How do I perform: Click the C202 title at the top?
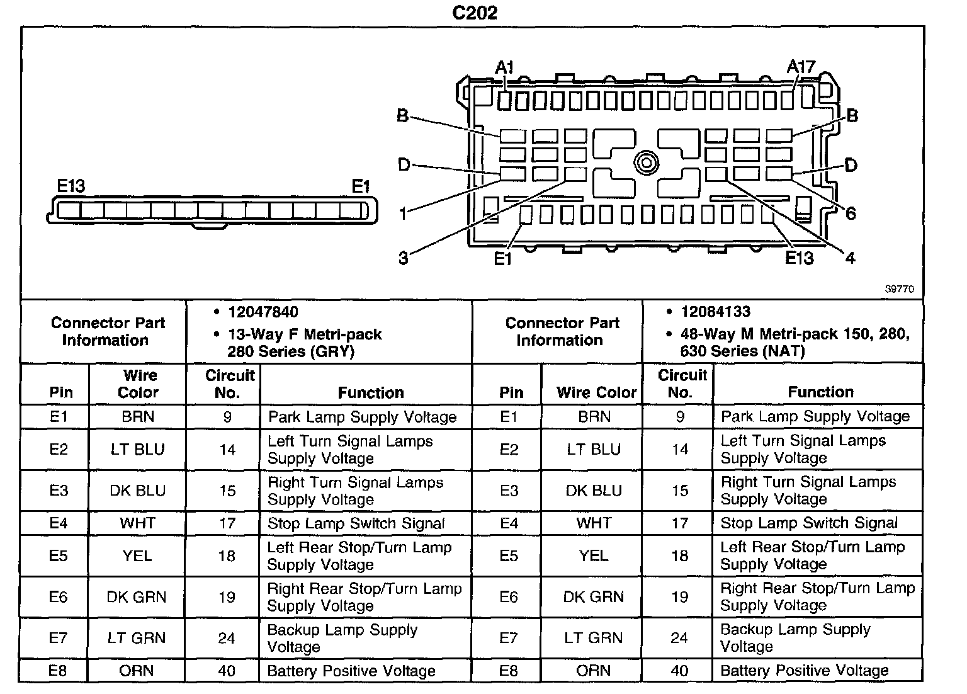[x=475, y=13]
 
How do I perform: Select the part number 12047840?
[x=263, y=312]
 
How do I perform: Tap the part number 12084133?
[x=715, y=312]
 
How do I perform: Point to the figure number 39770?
[x=899, y=290]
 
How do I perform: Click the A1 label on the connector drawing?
[x=505, y=67]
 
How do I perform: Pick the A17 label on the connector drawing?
[x=801, y=67]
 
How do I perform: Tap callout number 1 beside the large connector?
[x=404, y=214]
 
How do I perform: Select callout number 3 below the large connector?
[x=404, y=258]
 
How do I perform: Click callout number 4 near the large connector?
[x=850, y=258]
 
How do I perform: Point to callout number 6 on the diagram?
[x=851, y=214]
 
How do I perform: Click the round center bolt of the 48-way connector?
[x=646, y=163]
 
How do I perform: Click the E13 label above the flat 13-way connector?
[x=71, y=186]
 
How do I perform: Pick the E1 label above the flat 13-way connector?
[x=361, y=186]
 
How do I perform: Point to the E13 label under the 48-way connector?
[x=799, y=258]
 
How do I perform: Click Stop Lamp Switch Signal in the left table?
[x=356, y=523]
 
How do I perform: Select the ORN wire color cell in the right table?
[x=593, y=671]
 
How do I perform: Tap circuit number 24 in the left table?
[x=227, y=638]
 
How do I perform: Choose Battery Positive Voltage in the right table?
[x=804, y=671]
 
